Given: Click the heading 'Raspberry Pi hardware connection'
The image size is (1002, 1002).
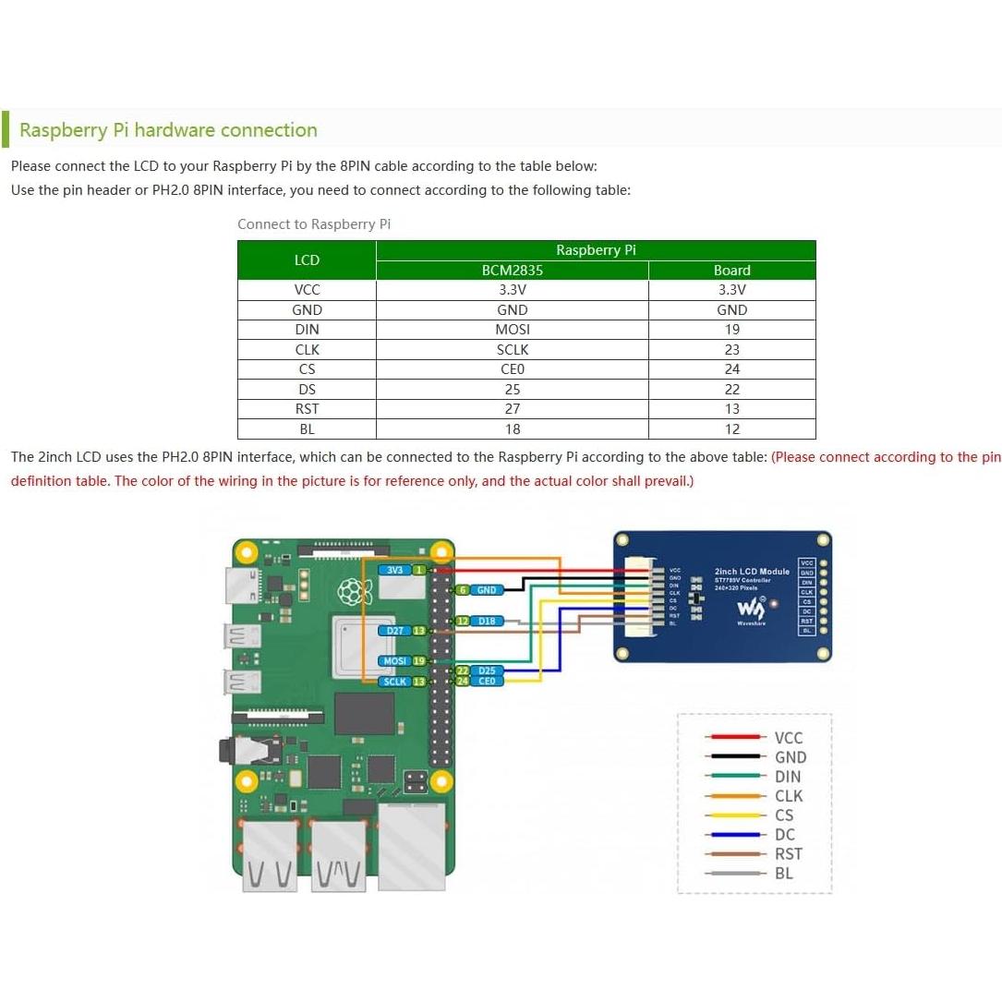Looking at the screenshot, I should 168,130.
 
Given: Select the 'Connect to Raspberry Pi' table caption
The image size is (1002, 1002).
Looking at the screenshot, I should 314,224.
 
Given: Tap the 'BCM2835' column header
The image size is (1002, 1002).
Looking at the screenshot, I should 513,271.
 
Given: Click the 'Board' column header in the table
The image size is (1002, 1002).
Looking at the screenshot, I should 732,271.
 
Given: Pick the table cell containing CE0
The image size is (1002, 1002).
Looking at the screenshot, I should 513,369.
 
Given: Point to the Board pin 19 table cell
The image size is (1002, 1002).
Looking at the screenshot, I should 732,330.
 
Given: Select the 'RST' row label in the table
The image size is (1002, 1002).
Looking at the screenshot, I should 307,409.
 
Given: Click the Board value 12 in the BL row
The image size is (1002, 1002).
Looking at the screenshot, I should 732,429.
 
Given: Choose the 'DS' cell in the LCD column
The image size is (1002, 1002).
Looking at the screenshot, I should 307,390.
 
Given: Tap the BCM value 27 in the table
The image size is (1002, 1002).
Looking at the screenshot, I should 513,409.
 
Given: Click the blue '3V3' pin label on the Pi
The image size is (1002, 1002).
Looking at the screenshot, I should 395,570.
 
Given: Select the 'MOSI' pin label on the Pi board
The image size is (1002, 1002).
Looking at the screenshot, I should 395,661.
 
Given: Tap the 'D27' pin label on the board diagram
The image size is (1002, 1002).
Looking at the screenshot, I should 395,631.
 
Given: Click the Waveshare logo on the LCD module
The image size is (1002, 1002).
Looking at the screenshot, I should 749,610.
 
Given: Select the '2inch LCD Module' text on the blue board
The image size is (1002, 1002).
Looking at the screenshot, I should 752,572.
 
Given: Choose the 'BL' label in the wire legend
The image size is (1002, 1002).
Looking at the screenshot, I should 784,874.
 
